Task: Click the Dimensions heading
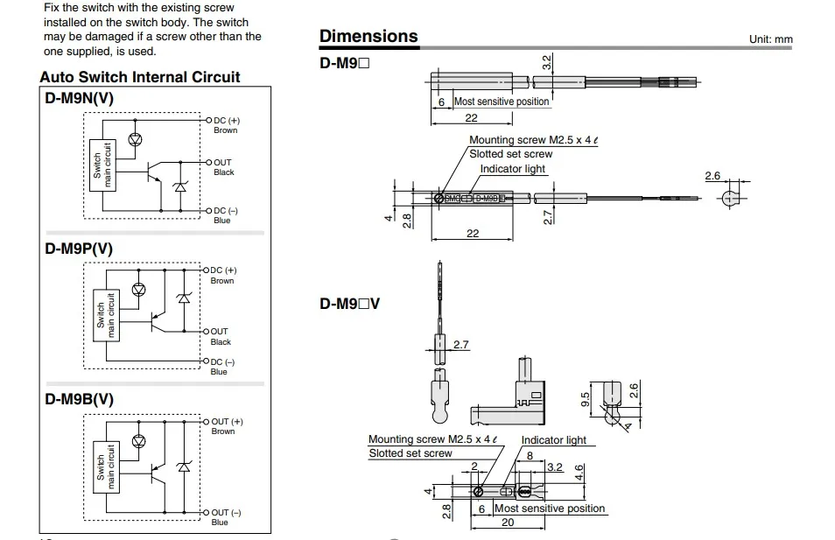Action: (368, 36)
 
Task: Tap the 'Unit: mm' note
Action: (770, 39)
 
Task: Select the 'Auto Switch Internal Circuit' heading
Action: (140, 77)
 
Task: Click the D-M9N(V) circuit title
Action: (80, 99)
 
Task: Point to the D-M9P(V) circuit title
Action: (79, 249)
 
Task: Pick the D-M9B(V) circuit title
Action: (80, 399)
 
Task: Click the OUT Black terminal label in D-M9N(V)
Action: (223, 167)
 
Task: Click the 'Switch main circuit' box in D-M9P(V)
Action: (106, 315)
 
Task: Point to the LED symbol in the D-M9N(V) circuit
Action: (136, 139)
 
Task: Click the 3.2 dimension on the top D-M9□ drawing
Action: (547, 63)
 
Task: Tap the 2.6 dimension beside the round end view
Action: (712, 176)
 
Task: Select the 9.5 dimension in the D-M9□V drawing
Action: (585, 399)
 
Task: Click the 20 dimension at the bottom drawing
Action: (508, 522)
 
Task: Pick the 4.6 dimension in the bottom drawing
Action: (579, 472)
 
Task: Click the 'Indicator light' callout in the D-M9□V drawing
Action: (553, 440)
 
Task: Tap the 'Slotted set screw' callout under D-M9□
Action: (510, 154)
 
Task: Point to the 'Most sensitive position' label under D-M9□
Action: (502, 102)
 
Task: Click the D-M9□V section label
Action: (350, 304)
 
